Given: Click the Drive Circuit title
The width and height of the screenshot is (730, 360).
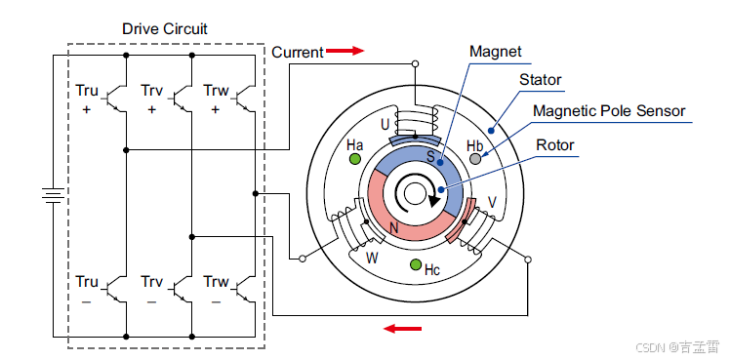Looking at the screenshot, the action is pyautogui.click(x=164, y=29).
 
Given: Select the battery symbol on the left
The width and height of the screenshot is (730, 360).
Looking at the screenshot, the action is pyautogui.click(x=53, y=196).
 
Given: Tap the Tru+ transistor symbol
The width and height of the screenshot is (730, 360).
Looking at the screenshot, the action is pyautogui.click(x=115, y=99).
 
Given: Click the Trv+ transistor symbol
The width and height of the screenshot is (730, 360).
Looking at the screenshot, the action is pyautogui.click(x=181, y=99).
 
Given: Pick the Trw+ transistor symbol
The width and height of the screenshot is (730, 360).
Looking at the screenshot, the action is pyautogui.click(x=244, y=99).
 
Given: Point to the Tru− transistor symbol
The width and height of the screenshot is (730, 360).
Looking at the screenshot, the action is pyautogui.click(x=115, y=290).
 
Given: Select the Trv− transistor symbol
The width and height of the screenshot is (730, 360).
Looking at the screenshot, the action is pyautogui.click(x=181, y=290).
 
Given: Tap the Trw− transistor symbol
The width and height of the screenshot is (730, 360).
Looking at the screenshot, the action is pyautogui.click(x=244, y=290).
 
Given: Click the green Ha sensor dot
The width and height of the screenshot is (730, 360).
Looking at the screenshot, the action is pyautogui.click(x=355, y=159).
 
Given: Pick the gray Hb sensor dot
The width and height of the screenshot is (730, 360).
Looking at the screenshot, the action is pyautogui.click(x=475, y=159).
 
